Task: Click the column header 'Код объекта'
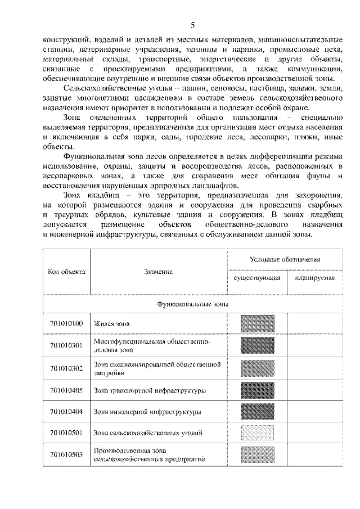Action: [x=66, y=271]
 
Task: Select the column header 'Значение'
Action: [x=157, y=272]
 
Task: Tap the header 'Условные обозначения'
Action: [x=285, y=260]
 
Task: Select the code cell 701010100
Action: [x=66, y=323]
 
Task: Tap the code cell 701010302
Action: [x=66, y=368]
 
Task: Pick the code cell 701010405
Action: [x=66, y=390]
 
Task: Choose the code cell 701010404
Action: [x=66, y=412]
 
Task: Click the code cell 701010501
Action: [x=66, y=433]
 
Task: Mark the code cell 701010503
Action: [x=66, y=454]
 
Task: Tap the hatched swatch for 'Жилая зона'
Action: [x=257, y=324]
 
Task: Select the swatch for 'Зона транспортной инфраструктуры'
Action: [x=257, y=390]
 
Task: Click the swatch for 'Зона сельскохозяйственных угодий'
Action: [x=257, y=433]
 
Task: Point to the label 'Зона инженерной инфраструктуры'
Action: [x=147, y=412]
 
